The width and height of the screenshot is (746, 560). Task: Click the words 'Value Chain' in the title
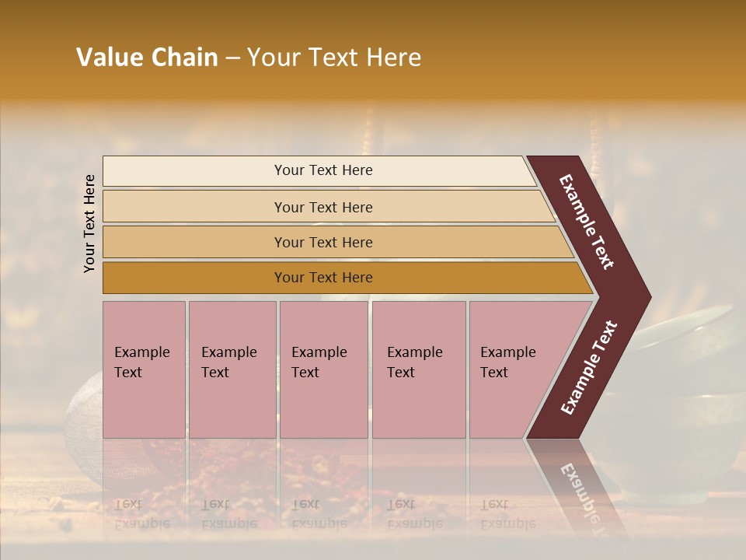coord(147,58)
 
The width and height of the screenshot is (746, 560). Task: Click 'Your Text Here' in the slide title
coord(334,58)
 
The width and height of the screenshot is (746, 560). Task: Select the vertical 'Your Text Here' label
coord(89,223)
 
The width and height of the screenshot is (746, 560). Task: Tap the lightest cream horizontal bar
coord(319,170)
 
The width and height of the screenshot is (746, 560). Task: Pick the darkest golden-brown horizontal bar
coord(342,278)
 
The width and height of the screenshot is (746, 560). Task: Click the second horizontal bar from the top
coord(326,207)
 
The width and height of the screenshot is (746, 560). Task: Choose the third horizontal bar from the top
coord(334,242)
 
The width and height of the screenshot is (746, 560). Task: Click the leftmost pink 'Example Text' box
coord(144,369)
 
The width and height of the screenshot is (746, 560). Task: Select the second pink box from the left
coord(232,369)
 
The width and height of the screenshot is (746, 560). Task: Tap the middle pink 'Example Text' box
coord(323,369)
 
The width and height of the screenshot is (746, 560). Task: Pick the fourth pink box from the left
coord(419,369)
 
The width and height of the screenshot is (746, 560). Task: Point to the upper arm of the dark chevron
coord(587,221)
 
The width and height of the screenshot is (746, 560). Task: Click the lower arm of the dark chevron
coord(587,369)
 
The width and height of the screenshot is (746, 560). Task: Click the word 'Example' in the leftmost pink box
coord(142,352)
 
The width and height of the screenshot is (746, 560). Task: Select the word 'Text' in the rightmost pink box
coord(494,373)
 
